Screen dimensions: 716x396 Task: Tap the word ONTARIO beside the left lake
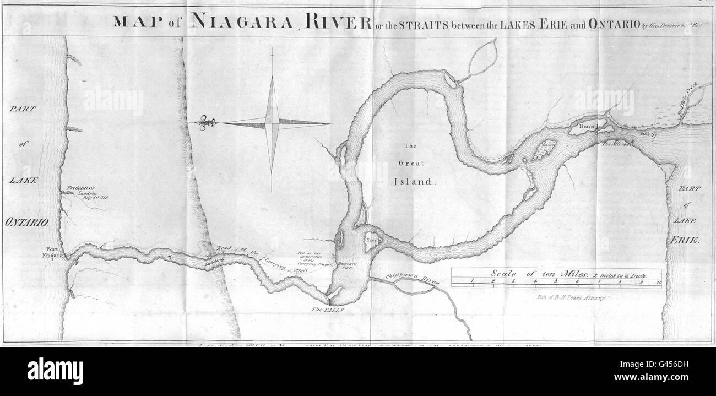[x=28, y=223]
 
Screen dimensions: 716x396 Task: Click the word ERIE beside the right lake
[x=686, y=240]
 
